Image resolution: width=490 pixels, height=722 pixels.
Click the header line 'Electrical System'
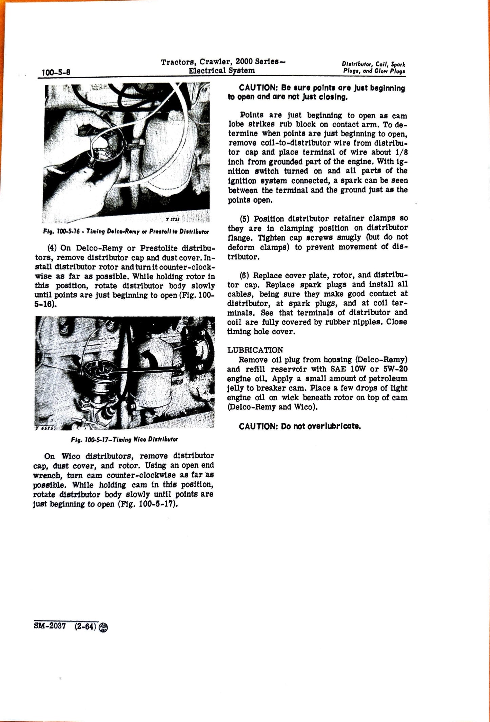(221, 71)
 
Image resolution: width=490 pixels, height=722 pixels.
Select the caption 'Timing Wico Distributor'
(124, 439)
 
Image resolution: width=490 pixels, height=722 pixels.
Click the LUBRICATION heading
(255, 350)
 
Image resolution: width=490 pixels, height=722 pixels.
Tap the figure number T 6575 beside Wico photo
(43, 428)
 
